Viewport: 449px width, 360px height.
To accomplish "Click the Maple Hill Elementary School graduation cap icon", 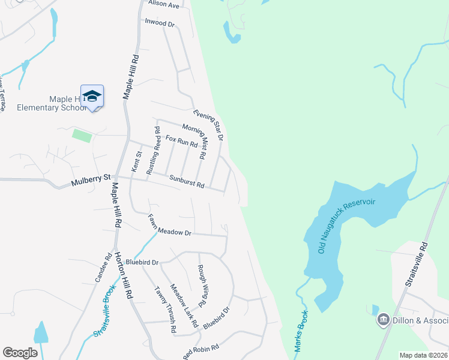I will (92, 96).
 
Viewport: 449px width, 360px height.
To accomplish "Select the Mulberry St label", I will (91, 178).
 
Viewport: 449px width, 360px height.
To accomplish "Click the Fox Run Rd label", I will (181, 142).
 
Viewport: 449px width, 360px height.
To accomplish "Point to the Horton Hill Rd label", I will (124, 275).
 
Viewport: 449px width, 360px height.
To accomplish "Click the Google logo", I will (20, 353).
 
